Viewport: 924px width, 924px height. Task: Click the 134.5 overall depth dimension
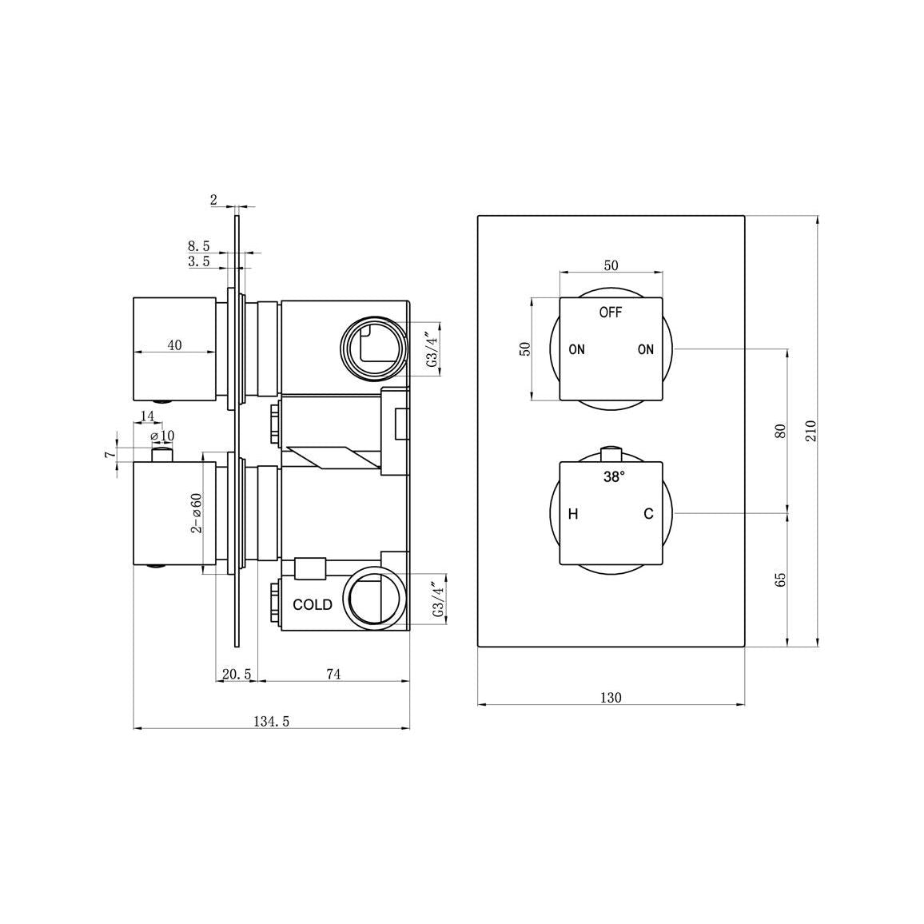[x=271, y=721]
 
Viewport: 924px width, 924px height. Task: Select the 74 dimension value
[x=333, y=675]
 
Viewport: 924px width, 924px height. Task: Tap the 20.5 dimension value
[x=237, y=675]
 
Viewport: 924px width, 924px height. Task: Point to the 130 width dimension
[x=611, y=698]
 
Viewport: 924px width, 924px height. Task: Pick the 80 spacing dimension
[x=782, y=430]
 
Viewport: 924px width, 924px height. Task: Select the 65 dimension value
[x=782, y=579]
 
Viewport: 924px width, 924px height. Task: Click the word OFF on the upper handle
[x=611, y=313]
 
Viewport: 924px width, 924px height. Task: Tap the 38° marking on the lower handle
[x=614, y=477]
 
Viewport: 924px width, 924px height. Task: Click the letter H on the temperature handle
[x=572, y=514]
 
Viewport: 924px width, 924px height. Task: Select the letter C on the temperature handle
[x=648, y=514]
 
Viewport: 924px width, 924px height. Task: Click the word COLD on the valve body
[x=313, y=604]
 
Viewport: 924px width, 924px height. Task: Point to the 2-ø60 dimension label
[x=196, y=512]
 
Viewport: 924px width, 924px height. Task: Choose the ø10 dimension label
[x=163, y=436]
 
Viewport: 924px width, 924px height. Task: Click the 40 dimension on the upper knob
[x=174, y=345]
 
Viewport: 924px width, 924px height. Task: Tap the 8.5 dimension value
[x=199, y=246]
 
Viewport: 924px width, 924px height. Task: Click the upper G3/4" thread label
[x=432, y=349]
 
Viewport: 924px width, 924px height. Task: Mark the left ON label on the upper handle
[x=576, y=349]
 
